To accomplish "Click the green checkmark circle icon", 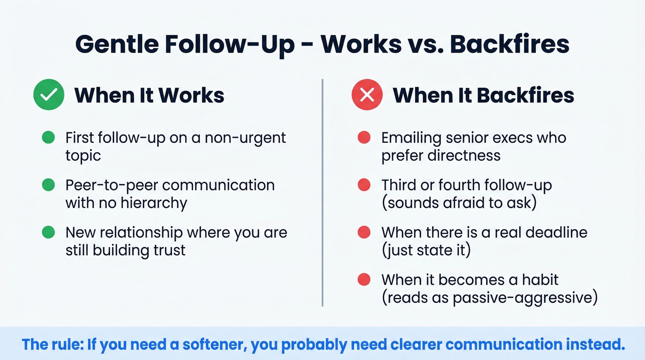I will click(48, 95).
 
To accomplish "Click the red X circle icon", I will click(367, 95).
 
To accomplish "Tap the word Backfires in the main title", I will click(509, 44).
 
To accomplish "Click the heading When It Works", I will click(149, 95).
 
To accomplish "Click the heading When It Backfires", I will click(483, 95).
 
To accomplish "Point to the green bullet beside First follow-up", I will click(48, 137).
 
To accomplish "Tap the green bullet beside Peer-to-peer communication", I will click(48, 185).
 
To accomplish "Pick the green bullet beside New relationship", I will click(48, 232).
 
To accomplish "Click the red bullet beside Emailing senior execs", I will click(364, 137).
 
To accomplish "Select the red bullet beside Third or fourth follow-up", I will click(364, 185).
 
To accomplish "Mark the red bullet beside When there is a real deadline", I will click(364, 232).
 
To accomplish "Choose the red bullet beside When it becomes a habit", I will click(364, 280).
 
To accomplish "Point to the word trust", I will click(170, 250).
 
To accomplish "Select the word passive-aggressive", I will click(525, 298).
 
